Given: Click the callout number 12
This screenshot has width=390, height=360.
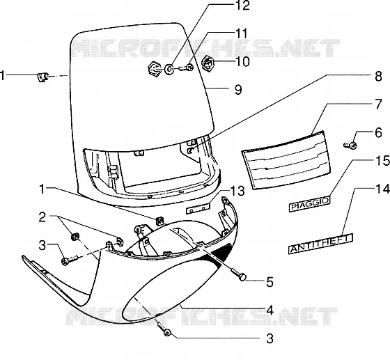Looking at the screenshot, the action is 242,6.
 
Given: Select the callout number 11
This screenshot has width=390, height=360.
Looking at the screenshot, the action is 241,33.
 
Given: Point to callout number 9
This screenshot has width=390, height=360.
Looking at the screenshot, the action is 238,90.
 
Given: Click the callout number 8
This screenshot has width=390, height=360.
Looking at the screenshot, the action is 378,77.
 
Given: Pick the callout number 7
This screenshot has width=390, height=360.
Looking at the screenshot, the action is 378,104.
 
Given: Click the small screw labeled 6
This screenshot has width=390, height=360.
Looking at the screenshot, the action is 350,145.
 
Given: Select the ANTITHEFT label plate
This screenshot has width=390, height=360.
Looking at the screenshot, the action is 320,244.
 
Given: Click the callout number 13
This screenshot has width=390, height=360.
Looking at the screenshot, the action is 237,191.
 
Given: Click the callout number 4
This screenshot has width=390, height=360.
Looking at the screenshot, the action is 270,311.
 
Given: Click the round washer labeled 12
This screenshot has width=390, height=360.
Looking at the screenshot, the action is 170,69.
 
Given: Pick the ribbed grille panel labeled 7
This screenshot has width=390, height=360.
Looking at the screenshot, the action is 286,160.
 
